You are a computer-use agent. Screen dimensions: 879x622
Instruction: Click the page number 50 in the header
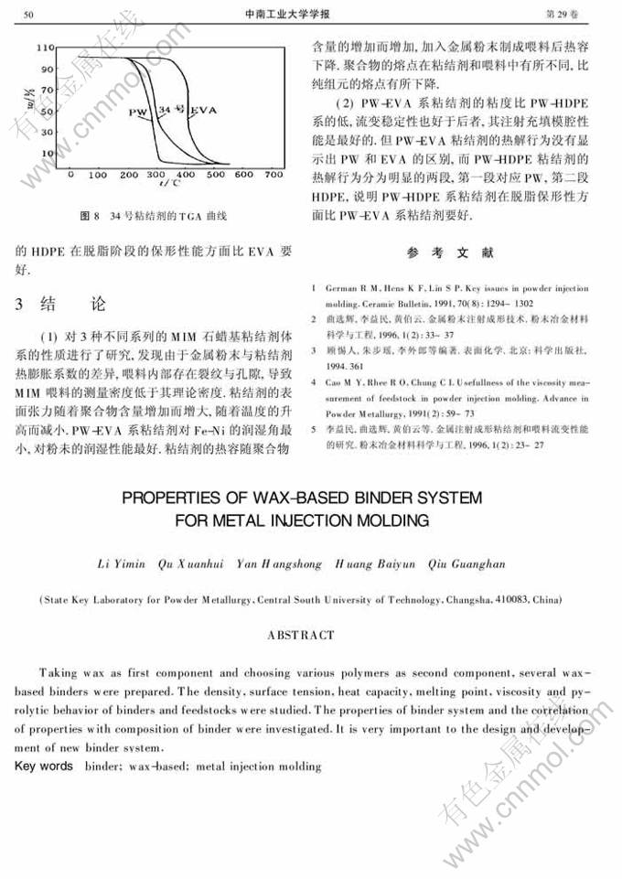tap(27, 15)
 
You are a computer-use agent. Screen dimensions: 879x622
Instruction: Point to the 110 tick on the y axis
tap(48, 46)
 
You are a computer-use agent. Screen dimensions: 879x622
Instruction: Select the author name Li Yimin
tap(121, 564)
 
